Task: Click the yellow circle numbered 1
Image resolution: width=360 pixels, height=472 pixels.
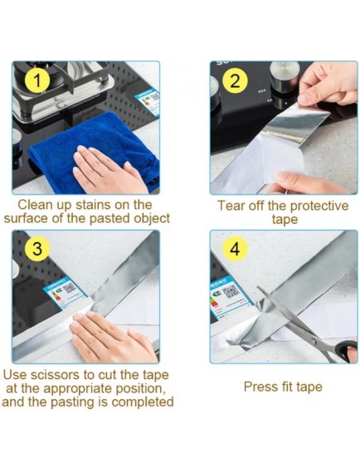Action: coord(36,80)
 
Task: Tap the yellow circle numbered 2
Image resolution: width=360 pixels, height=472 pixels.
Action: coord(235,81)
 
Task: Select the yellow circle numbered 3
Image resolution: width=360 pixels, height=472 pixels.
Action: coord(36,249)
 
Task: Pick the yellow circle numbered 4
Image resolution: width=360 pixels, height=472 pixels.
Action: coord(235,249)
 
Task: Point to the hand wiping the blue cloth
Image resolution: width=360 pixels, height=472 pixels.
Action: coord(109,171)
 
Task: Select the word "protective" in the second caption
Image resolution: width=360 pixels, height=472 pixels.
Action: coord(319,207)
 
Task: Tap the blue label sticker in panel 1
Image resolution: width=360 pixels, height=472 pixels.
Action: coord(147,101)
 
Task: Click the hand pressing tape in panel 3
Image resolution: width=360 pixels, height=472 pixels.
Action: coord(113,337)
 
